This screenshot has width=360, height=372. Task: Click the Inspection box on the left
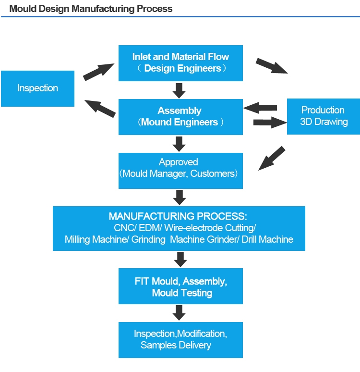(37, 88)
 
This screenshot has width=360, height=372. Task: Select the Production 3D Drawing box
(324, 116)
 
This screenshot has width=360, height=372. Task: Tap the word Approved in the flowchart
(179, 162)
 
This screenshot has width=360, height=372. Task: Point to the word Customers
(213, 174)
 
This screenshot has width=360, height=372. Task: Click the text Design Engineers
(183, 68)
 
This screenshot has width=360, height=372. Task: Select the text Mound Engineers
(180, 122)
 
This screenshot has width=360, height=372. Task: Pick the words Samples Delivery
(176, 345)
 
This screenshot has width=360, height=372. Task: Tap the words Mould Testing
(182, 292)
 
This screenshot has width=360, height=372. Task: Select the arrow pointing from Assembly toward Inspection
(100, 108)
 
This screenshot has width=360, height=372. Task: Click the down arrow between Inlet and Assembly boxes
(180, 90)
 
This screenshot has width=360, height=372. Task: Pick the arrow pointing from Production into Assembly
(261, 107)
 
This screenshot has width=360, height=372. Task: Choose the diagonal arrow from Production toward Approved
(272, 158)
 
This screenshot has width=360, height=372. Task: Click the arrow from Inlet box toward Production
(272, 66)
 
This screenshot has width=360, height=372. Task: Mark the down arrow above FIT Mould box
(180, 259)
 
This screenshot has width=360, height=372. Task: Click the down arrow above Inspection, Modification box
(179, 313)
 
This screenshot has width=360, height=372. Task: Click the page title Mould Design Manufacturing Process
(91, 9)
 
